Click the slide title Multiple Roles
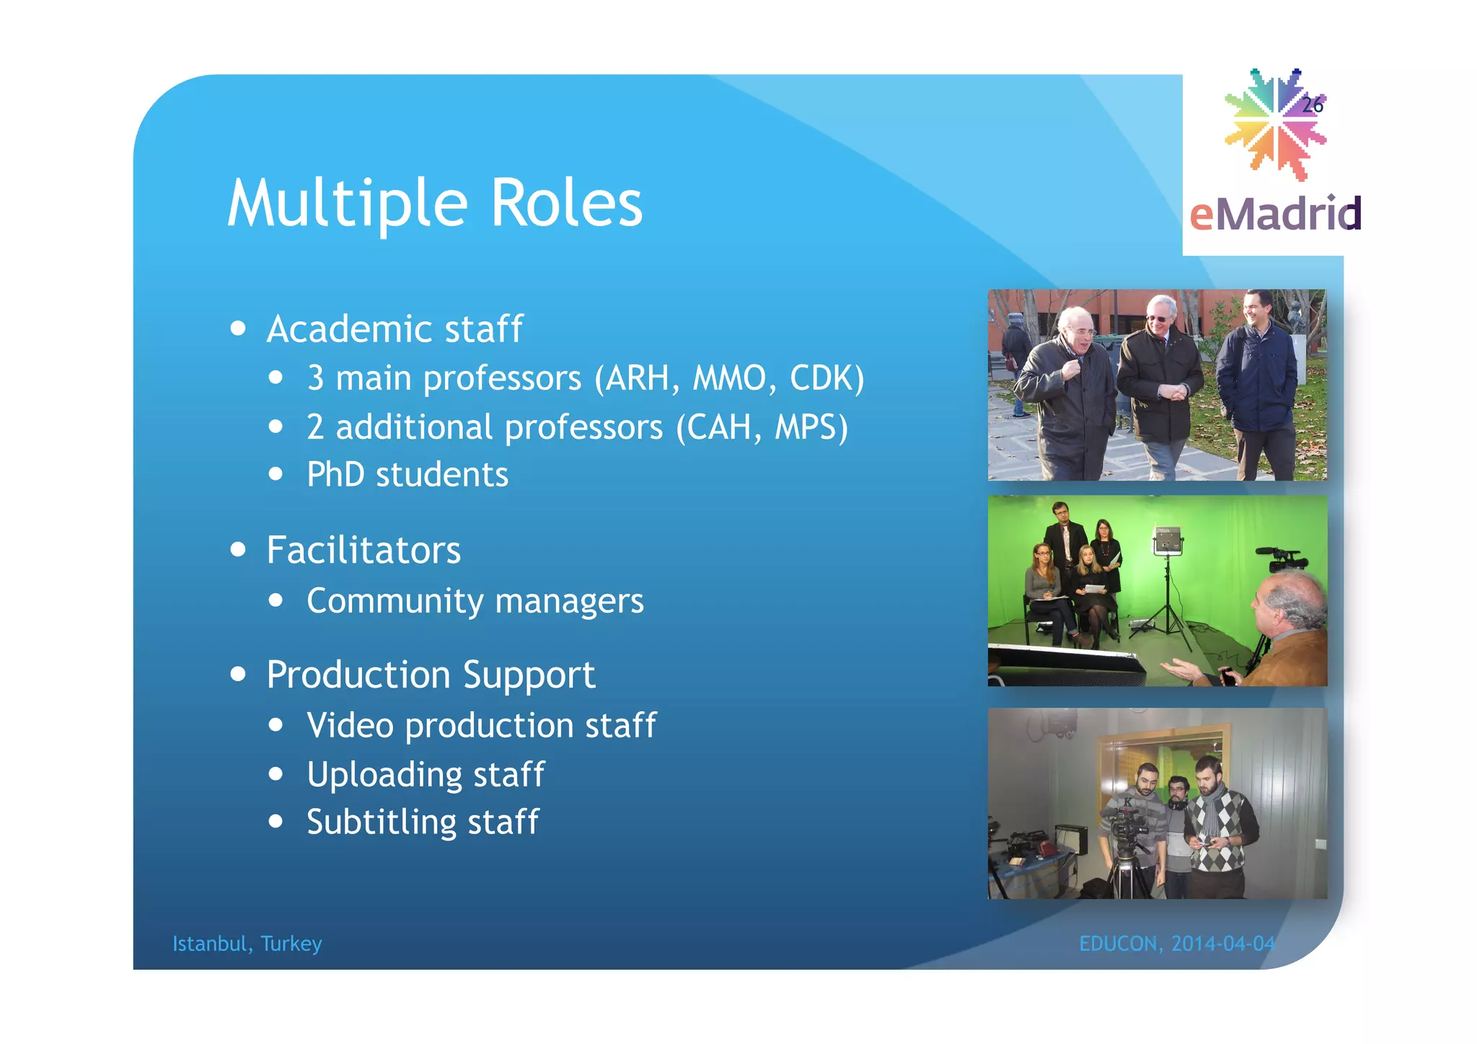(x=434, y=204)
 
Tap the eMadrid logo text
(x=1275, y=214)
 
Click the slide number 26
(x=1312, y=105)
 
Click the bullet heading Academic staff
(x=394, y=330)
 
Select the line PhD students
(x=407, y=475)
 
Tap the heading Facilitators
(x=363, y=550)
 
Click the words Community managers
(x=475, y=601)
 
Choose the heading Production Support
(x=431, y=675)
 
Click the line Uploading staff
(x=426, y=775)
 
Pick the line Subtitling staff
(x=423, y=823)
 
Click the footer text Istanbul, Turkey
(x=247, y=944)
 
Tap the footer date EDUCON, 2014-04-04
(x=1176, y=944)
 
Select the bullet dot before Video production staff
(x=275, y=725)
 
